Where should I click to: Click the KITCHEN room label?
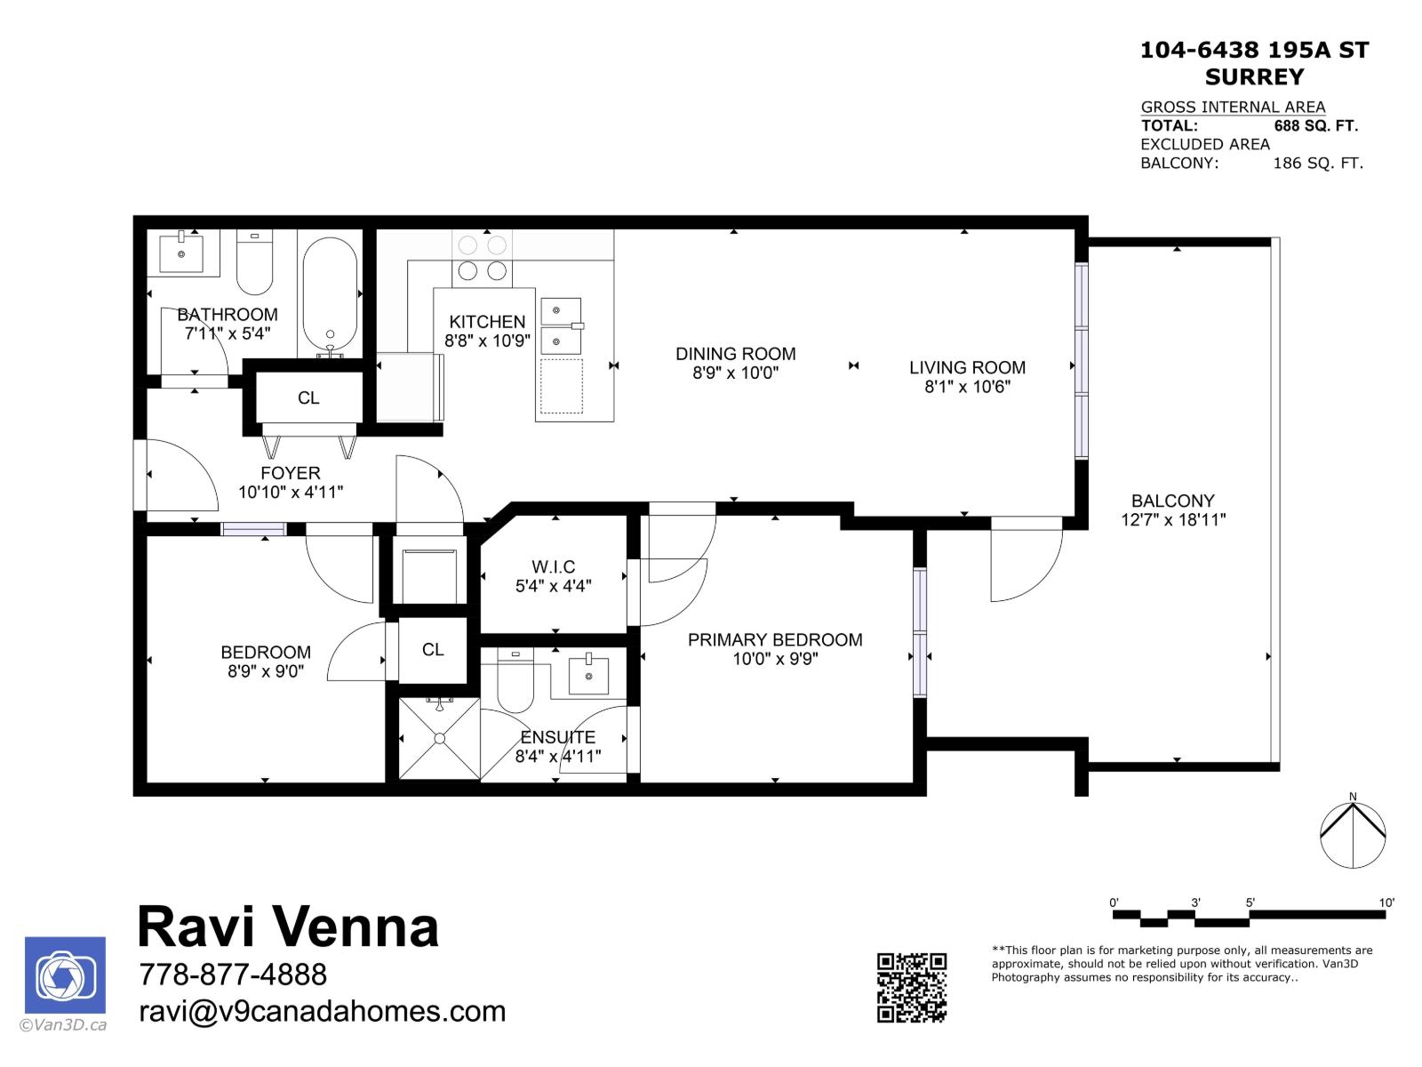pos(487,322)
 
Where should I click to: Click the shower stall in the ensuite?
pos(439,738)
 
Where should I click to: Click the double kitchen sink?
pos(561,326)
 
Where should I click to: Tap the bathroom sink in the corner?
pos(182,253)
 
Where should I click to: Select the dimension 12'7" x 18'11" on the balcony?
pos(1173,520)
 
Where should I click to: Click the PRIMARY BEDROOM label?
pos(775,639)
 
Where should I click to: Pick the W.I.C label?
pos(553,566)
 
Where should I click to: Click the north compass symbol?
pos(1353,834)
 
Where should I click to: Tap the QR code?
pos(912,987)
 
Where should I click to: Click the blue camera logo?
pos(65,975)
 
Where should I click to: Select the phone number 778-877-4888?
pos(233,975)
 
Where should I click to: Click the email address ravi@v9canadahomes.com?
pos(323,1012)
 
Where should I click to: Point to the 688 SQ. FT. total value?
pos(1315,126)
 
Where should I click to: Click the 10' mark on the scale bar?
pos(1386,903)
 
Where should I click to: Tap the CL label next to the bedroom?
pos(433,650)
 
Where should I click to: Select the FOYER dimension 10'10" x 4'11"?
pos(291,492)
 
